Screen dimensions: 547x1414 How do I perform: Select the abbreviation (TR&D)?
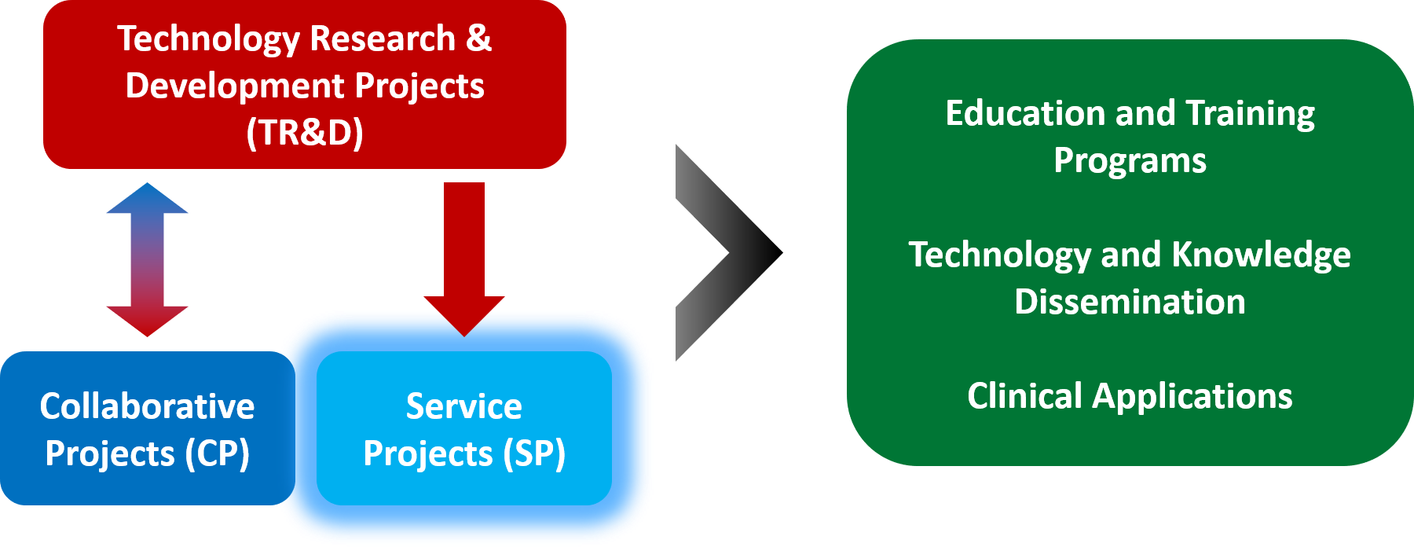click(x=305, y=132)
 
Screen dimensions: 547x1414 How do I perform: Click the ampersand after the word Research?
click(x=478, y=38)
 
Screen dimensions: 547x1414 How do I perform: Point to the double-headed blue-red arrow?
click(x=147, y=259)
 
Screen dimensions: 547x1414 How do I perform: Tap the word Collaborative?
click(x=147, y=406)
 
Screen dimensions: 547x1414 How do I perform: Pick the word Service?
click(x=463, y=406)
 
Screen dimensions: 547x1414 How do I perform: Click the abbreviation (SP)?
click(x=534, y=453)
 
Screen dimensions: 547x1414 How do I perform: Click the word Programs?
click(x=1130, y=161)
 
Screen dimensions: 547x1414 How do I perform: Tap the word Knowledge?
click(x=1261, y=255)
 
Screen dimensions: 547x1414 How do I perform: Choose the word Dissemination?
click(x=1130, y=302)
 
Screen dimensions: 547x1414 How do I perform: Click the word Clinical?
click(x=1024, y=396)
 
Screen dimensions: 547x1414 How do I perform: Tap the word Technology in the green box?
click(x=999, y=255)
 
